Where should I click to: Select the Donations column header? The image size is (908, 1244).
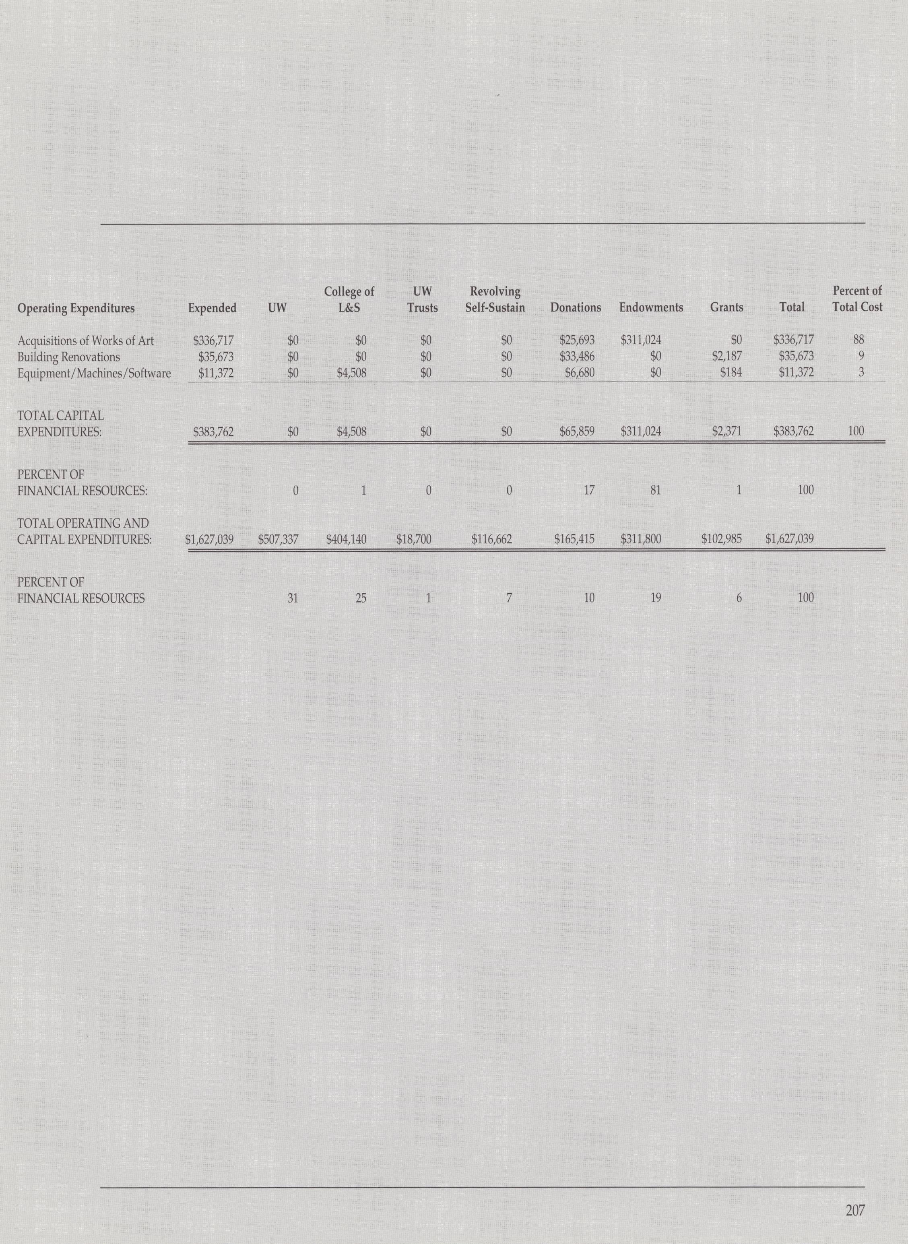(576, 308)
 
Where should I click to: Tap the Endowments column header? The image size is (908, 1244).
(651, 308)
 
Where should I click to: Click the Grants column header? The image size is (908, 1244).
(726, 308)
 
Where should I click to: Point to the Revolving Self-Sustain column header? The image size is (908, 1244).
(495, 299)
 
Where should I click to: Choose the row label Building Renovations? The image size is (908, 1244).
(69, 357)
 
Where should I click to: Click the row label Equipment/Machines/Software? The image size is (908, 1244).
(94, 373)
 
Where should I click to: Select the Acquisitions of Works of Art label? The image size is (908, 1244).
(86, 340)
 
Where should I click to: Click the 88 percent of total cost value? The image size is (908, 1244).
(858, 340)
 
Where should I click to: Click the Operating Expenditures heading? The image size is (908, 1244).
(76, 308)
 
